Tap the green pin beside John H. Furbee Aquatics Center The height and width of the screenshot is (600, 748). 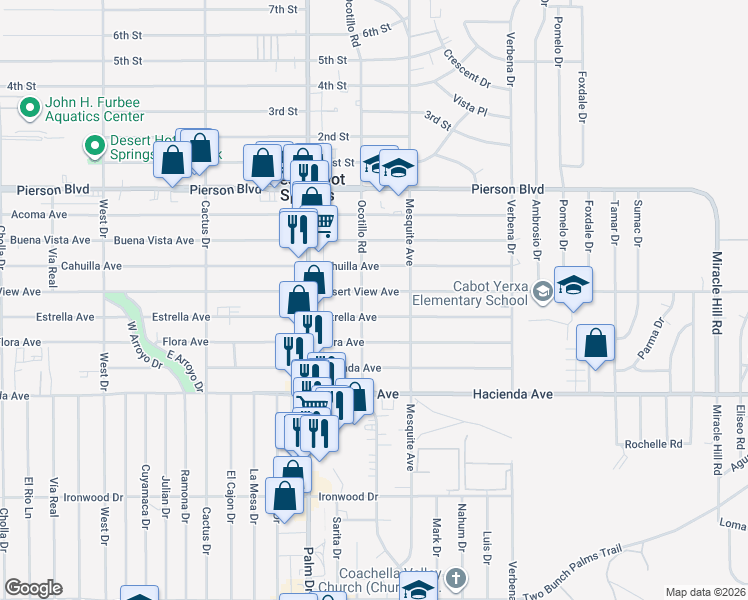(x=28, y=107)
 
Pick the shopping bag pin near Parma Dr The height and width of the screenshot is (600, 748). (x=596, y=343)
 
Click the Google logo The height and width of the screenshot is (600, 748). (x=33, y=588)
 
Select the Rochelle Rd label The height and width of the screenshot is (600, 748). (x=652, y=443)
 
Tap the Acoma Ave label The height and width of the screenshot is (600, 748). (x=33, y=214)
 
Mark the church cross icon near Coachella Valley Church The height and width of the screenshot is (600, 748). (x=456, y=579)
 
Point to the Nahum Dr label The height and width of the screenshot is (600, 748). (x=462, y=523)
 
